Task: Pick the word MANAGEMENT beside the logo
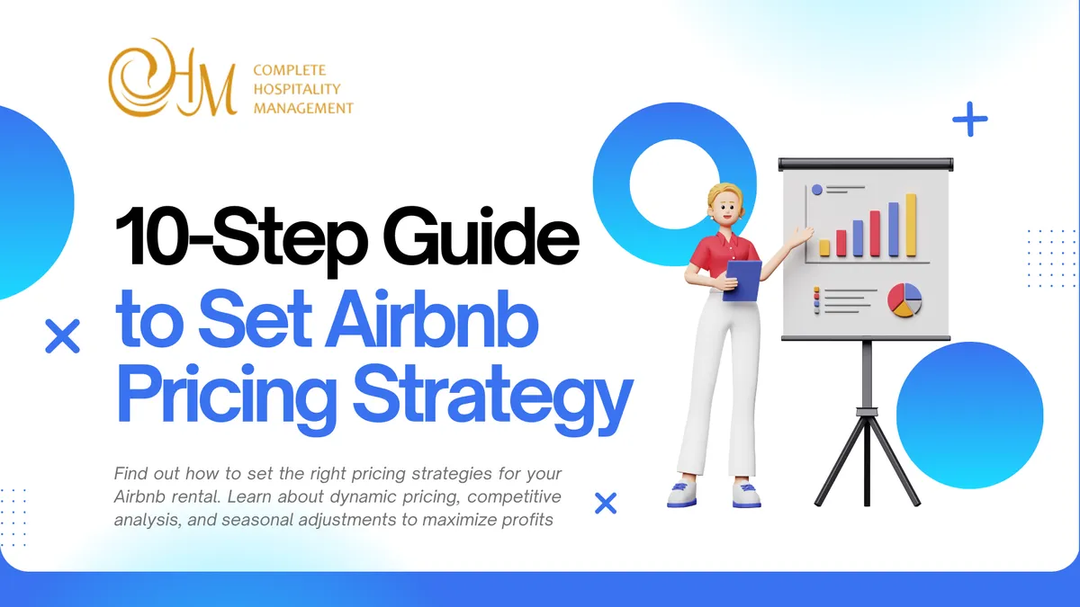point(303,108)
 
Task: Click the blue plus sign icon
point(969,119)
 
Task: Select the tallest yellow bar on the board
point(911,224)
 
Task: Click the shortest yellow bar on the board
point(824,248)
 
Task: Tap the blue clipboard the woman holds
point(742,280)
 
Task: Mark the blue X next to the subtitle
point(606,503)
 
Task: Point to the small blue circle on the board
point(817,190)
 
